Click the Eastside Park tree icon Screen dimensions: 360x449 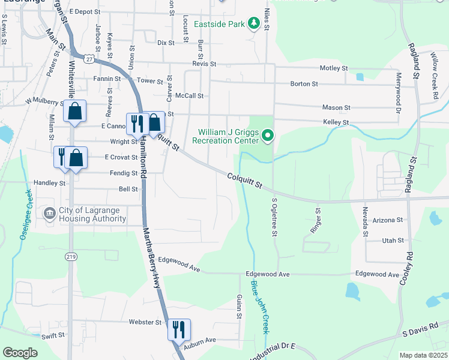[x=254, y=23]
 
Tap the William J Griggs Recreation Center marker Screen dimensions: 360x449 [x=268, y=137]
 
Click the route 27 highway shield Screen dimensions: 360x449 [x=89, y=59]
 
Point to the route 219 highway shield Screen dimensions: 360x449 [x=70, y=256]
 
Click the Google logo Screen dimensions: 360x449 [x=20, y=353]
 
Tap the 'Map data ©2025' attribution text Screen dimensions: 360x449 [x=423, y=355]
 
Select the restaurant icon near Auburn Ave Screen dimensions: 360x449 [x=179, y=329]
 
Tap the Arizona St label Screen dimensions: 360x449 [x=388, y=220]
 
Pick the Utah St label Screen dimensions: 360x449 [x=393, y=241]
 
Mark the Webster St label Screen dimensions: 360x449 [x=145, y=322]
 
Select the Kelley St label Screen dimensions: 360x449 [x=336, y=122]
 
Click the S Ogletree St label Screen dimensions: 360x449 [x=274, y=217]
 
